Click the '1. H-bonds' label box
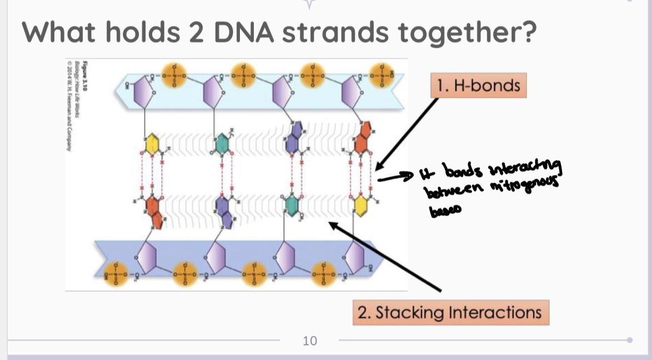point(478,86)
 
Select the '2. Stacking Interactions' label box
point(450,312)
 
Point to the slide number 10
point(310,341)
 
